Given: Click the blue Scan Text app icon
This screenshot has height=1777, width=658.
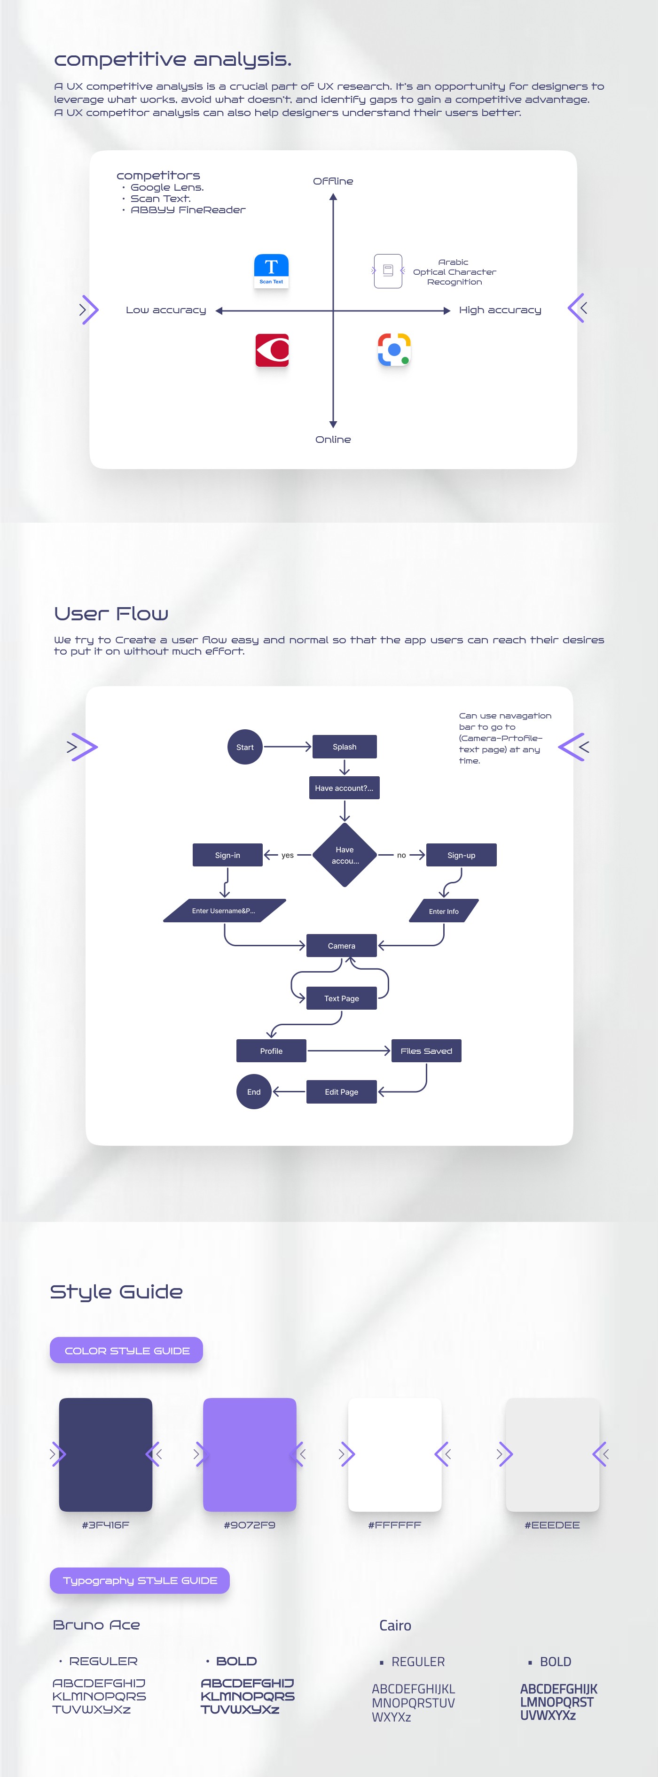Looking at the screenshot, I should pyautogui.click(x=271, y=270).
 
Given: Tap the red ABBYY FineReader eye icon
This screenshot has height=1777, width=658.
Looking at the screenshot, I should pyautogui.click(x=272, y=350).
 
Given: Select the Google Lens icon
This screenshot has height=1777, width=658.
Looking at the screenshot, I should pyautogui.click(x=394, y=350).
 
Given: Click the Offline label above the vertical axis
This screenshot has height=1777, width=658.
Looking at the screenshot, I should pyautogui.click(x=333, y=181).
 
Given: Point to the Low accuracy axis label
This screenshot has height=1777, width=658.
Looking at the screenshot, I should pyautogui.click(x=166, y=310).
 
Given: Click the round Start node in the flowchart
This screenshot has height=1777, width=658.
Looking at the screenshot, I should pyautogui.click(x=245, y=747).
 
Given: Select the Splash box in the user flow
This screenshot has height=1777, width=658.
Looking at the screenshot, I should pyautogui.click(x=345, y=747).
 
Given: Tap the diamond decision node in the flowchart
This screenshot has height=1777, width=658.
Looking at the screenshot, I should pyautogui.click(x=345, y=855).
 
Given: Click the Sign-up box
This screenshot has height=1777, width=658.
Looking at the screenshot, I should pyautogui.click(x=461, y=855).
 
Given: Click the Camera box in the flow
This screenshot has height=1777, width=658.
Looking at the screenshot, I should pyautogui.click(x=342, y=946).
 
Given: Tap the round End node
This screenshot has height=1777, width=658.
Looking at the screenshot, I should pyautogui.click(x=254, y=1092).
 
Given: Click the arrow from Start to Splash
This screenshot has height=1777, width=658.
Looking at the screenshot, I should pyautogui.click(x=287, y=747).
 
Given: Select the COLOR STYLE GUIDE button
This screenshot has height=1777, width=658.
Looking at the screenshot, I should pyautogui.click(x=126, y=1351).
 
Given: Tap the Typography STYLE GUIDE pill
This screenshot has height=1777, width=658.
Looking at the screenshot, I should pyautogui.click(x=140, y=1580).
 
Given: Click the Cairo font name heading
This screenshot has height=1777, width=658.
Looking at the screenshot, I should pyautogui.click(x=395, y=1626).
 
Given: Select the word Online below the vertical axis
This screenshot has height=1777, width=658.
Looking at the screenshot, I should pyautogui.click(x=333, y=440).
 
